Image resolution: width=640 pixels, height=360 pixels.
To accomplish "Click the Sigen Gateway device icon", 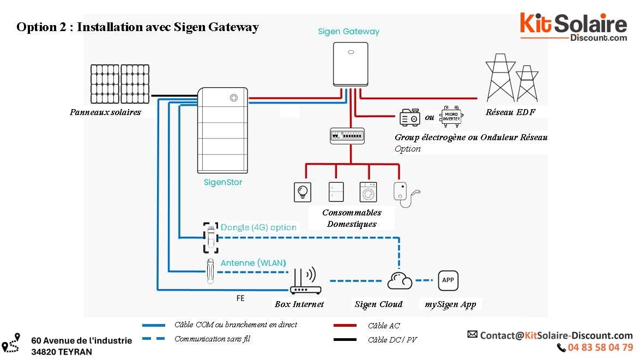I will pyautogui.click(x=350, y=64).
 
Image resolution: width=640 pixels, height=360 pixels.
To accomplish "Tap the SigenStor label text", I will pyautogui.click(x=219, y=183).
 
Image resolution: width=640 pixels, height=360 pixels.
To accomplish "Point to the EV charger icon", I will pyautogui.click(x=403, y=194).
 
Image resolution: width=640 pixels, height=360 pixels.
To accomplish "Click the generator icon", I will pyautogui.click(x=410, y=117).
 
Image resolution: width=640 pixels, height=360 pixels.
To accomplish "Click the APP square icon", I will pyautogui.click(x=448, y=280).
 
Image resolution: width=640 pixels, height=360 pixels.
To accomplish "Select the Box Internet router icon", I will pyautogui.click(x=305, y=282).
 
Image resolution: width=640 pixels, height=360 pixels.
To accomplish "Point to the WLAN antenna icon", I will pyautogui.click(x=210, y=271).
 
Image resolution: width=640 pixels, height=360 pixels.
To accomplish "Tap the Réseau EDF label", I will pyautogui.click(x=510, y=112).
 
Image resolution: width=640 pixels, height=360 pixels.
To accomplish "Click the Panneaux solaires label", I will pyautogui.click(x=105, y=112).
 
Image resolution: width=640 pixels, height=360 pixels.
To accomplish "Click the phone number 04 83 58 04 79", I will pyautogui.click(x=600, y=347).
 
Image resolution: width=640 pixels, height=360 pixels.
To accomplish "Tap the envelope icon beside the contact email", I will pyautogui.click(x=473, y=334).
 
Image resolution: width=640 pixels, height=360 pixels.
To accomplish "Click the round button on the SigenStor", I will pyautogui.click(x=234, y=98).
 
